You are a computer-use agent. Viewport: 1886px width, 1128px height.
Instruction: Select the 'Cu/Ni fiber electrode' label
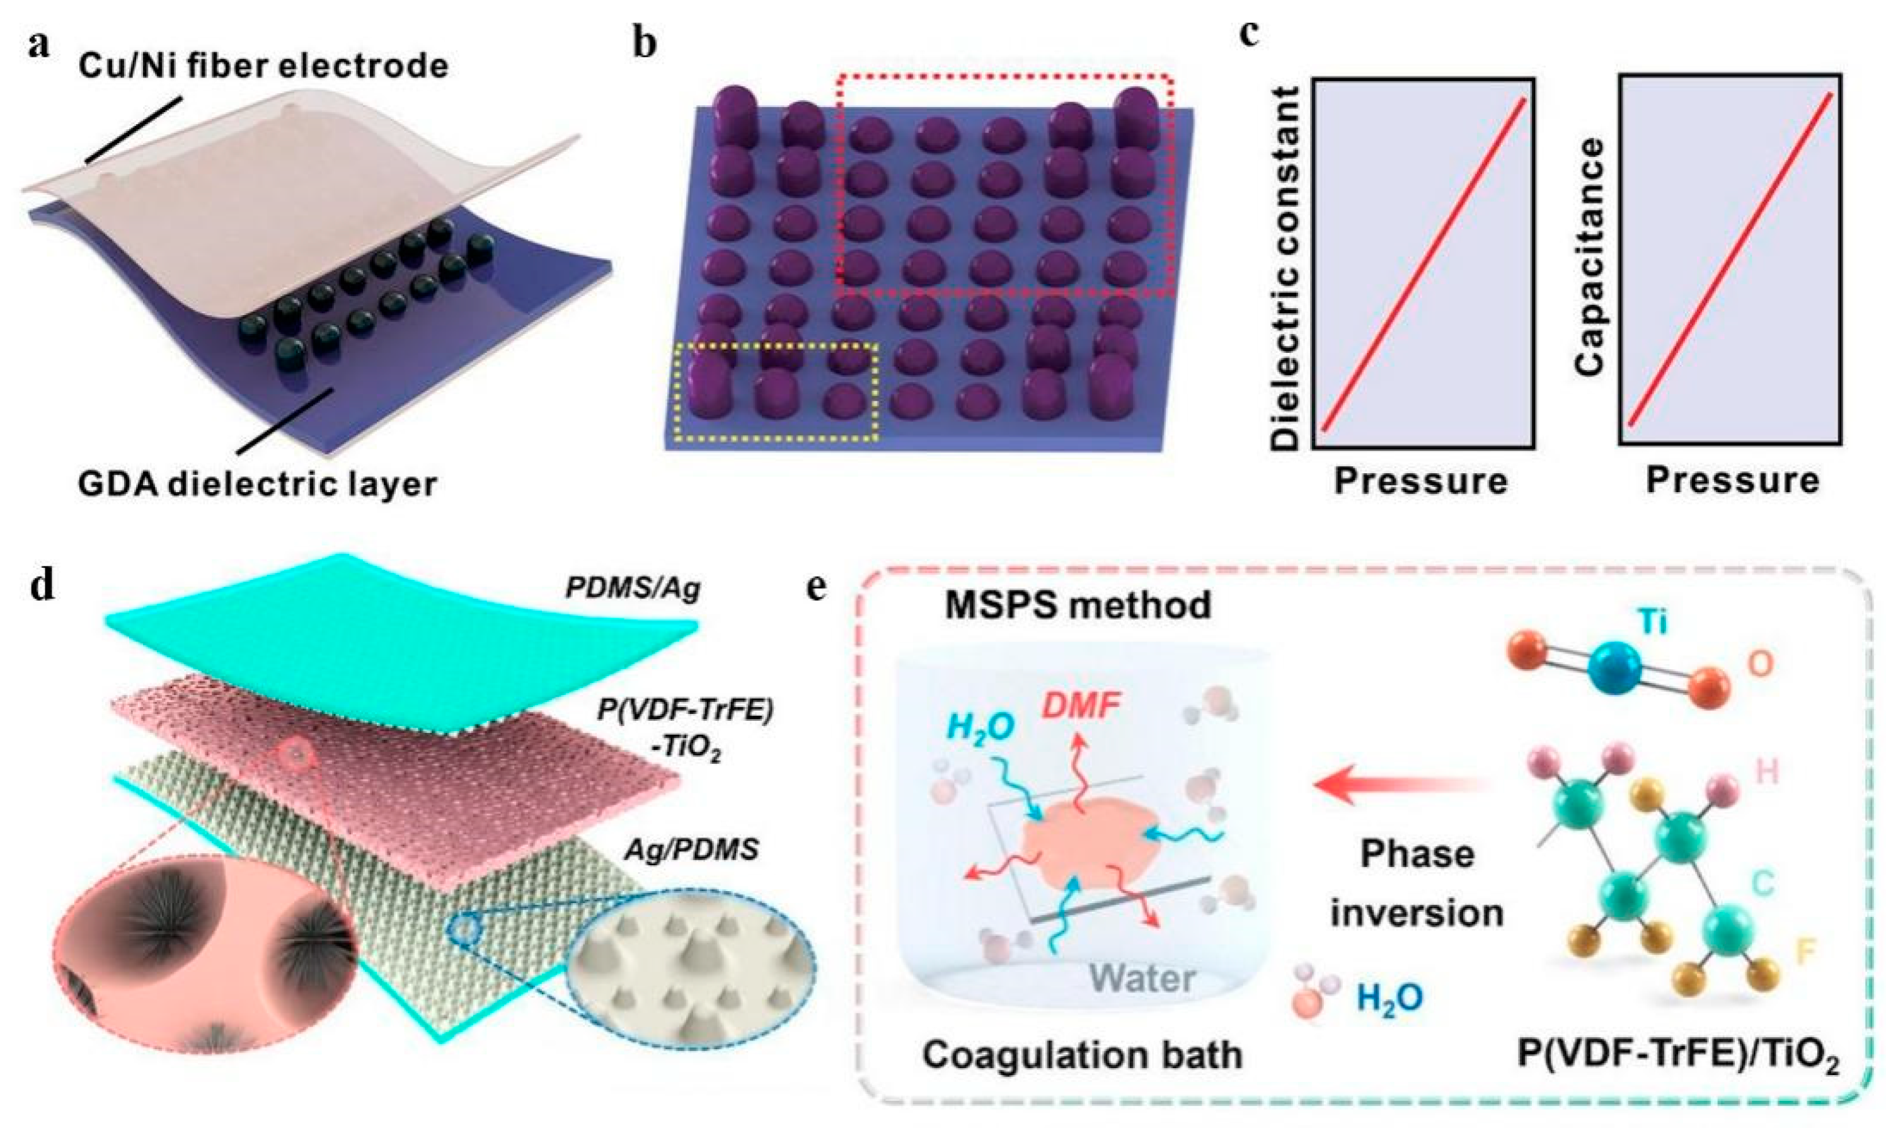[263, 66]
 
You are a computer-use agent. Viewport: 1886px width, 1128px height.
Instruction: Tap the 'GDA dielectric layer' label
[258, 483]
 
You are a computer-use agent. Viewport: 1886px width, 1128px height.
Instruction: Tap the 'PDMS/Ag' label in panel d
[633, 590]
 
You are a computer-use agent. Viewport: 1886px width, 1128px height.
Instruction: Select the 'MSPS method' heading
[1078, 606]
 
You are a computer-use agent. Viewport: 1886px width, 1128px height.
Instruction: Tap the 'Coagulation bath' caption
[1082, 1054]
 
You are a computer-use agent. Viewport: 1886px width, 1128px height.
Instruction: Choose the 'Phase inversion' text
[1417, 883]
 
